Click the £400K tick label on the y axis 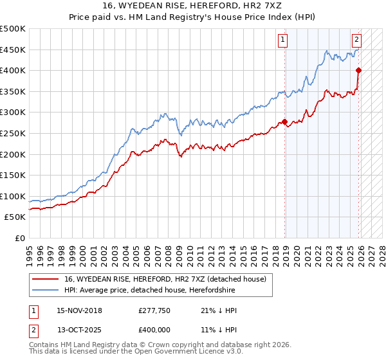pyautogui.click(x=13, y=71)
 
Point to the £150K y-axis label pyautogui.click(x=13, y=175)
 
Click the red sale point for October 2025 pyautogui.click(x=358, y=71)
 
